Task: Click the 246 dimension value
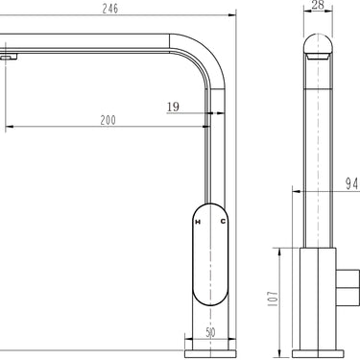pyautogui.click(x=110, y=9)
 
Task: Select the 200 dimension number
pyautogui.click(x=108, y=120)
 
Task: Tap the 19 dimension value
pyautogui.click(x=173, y=107)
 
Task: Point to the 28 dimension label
pyautogui.click(x=318, y=5)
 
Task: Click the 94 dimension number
pyautogui.click(x=351, y=184)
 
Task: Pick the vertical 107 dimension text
pyautogui.click(x=273, y=299)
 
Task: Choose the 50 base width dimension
pyautogui.click(x=210, y=332)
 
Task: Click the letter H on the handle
pyautogui.click(x=198, y=222)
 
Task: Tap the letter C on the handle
pyautogui.click(x=223, y=221)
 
